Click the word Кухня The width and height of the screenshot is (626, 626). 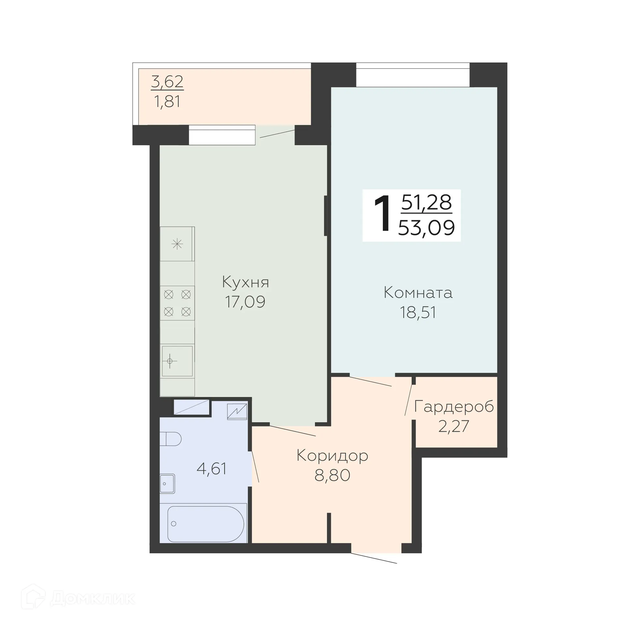pyautogui.click(x=245, y=282)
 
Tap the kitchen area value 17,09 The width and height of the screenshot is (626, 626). pyautogui.click(x=245, y=302)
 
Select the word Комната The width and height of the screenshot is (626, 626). pyautogui.click(x=418, y=292)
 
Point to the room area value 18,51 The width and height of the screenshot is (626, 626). pyautogui.click(x=418, y=312)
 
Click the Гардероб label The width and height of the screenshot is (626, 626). pyautogui.click(x=454, y=407)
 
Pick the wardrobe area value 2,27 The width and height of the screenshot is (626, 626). pyautogui.click(x=454, y=426)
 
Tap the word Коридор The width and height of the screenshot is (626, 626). pyautogui.click(x=332, y=455)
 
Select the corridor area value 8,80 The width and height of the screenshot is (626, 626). pyautogui.click(x=332, y=475)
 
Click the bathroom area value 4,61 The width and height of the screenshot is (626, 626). pyautogui.click(x=212, y=469)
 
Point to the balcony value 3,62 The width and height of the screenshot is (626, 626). pyautogui.click(x=167, y=82)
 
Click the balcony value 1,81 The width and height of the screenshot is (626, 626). pyautogui.click(x=167, y=101)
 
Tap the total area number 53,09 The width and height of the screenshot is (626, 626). pyautogui.click(x=426, y=228)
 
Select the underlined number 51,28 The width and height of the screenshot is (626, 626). pyautogui.click(x=426, y=202)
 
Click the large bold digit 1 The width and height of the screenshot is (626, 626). pyautogui.click(x=382, y=214)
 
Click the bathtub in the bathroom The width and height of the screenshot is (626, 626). pyautogui.click(x=205, y=524)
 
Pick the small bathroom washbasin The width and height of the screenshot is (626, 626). pyautogui.click(x=167, y=484)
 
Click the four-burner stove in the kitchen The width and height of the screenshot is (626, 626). pyautogui.click(x=177, y=303)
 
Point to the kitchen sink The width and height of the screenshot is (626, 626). pyautogui.click(x=177, y=361)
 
